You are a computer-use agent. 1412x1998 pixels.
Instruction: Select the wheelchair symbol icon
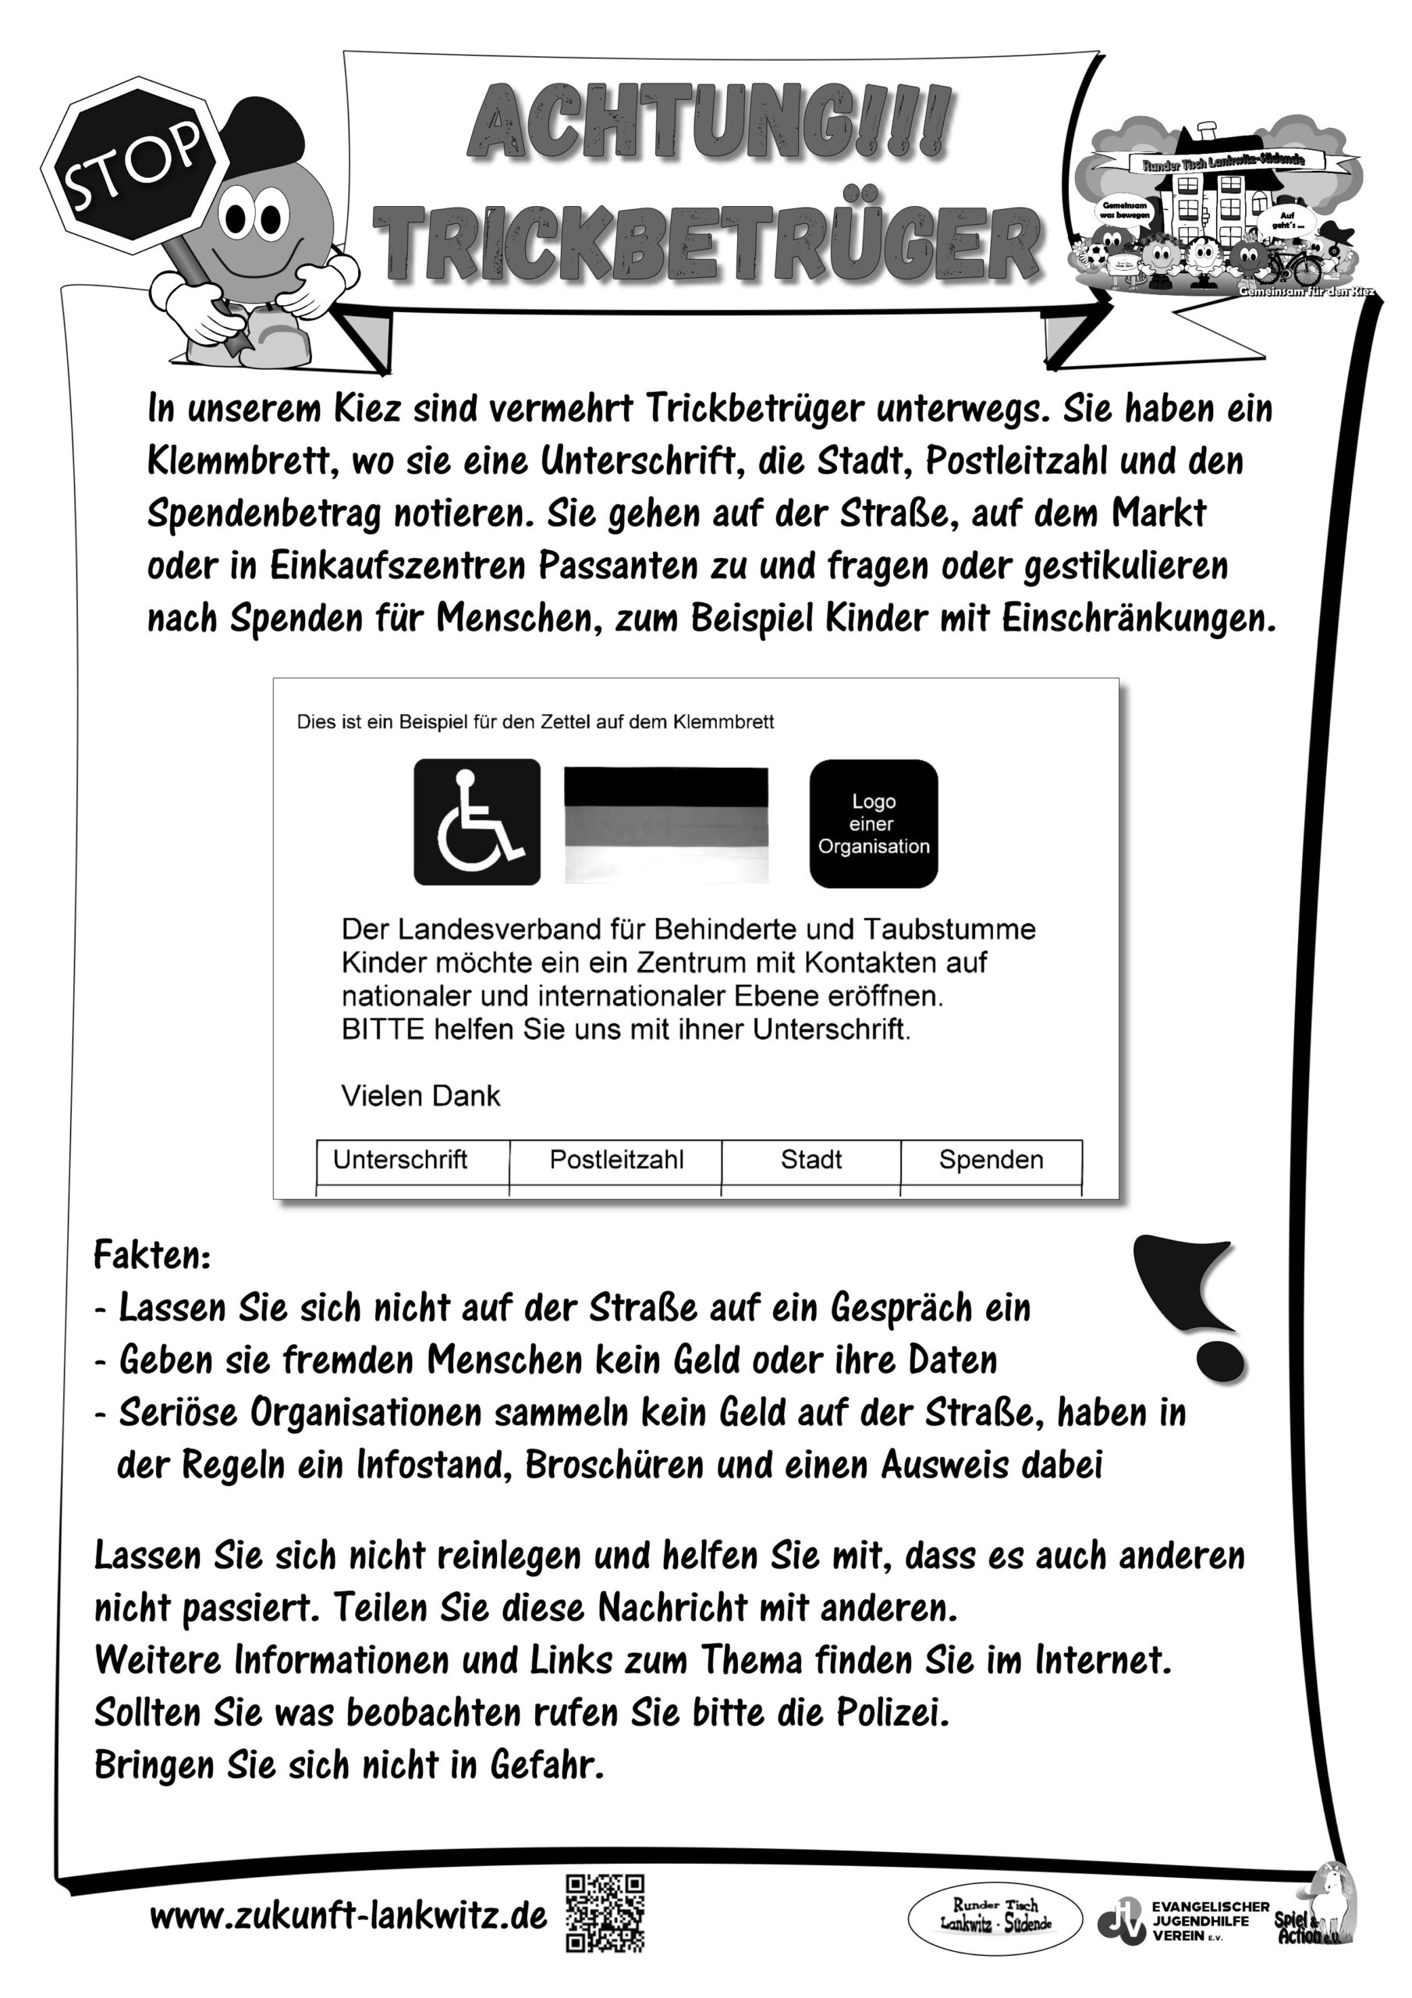pos(477,822)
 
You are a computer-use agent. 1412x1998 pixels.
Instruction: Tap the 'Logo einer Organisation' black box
pos(874,823)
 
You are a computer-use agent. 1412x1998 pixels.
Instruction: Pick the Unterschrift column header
pos(400,1160)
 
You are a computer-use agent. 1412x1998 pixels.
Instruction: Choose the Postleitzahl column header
pos(616,1160)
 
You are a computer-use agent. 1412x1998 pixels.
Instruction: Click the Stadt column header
pos(811,1160)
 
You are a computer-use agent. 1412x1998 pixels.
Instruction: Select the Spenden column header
pos(991,1160)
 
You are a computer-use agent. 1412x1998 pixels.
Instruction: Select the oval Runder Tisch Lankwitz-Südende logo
pos(995,1917)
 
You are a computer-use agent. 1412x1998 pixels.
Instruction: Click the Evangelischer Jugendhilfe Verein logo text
pos(1209,1920)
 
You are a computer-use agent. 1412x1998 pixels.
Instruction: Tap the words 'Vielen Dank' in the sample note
pos(420,1096)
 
